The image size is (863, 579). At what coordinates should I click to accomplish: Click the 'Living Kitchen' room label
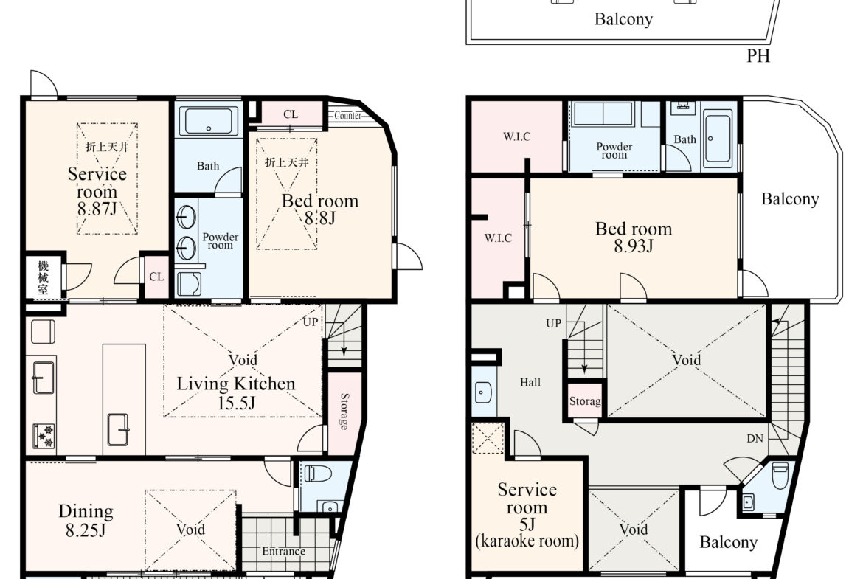235,384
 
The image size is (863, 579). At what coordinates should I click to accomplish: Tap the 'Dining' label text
86,511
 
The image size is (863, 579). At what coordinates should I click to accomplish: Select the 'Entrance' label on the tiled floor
283,552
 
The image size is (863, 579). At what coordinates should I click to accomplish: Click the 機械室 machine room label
43,277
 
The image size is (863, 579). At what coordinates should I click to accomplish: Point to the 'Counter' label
348,116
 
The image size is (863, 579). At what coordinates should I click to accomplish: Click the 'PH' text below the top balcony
758,56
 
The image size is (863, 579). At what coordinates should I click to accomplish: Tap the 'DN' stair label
755,439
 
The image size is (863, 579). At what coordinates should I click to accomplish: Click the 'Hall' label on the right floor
530,383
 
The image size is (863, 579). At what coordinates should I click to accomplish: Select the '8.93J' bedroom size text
634,246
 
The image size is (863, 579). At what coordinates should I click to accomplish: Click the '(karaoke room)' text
527,541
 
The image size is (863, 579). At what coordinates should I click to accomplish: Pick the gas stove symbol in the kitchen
44,436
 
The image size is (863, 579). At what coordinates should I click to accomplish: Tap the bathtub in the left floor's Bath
209,122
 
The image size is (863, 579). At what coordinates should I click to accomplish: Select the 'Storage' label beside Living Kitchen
344,411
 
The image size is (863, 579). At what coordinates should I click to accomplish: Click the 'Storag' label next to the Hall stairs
585,401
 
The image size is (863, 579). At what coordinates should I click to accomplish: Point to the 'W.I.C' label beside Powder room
517,136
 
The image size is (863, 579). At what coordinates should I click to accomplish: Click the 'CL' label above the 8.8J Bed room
291,114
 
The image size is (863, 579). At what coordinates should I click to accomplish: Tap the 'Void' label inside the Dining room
190,530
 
